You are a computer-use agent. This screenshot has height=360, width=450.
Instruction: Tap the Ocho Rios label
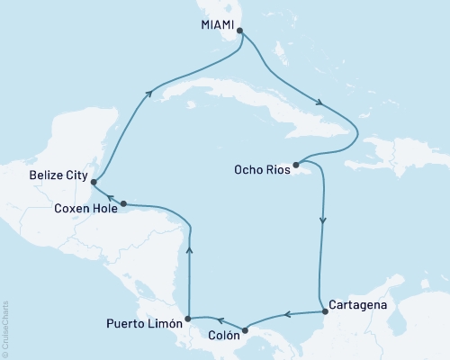tap(264, 167)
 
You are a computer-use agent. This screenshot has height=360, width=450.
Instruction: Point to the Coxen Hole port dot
tap(123, 203)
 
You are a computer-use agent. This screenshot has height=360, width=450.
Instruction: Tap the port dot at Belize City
tap(93, 178)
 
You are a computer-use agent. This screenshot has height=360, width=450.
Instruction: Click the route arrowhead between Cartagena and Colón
tap(285, 315)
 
